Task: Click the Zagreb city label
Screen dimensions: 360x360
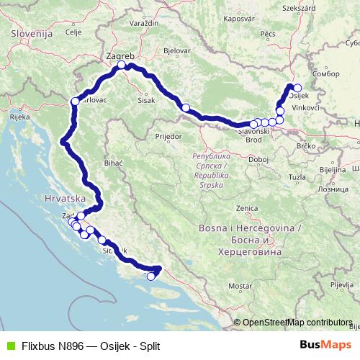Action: pyautogui.click(x=121, y=55)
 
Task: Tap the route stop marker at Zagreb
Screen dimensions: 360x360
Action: pyautogui.click(x=122, y=66)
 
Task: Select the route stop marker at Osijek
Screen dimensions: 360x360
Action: pyautogui.click(x=297, y=88)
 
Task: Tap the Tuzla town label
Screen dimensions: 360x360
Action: pyautogui.click(x=297, y=176)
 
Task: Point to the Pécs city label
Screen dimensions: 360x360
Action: pyautogui.click(x=269, y=33)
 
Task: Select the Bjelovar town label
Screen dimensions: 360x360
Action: pyautogui.click(x=176, y=52)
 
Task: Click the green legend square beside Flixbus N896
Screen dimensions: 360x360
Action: pyautogui.click(x=9, y=346)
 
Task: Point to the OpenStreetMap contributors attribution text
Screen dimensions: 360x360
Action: pyautogui.click(x=297, y=323)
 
